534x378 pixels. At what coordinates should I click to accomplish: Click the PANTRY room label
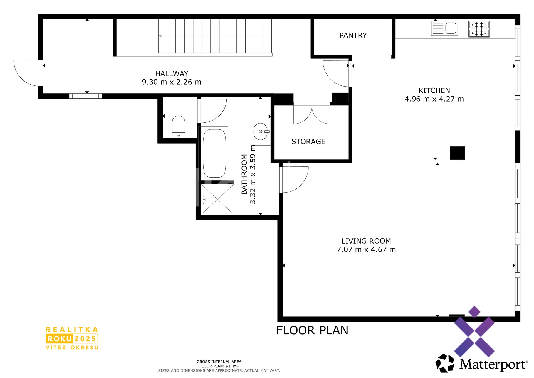353,35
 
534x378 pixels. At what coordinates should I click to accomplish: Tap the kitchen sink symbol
444,28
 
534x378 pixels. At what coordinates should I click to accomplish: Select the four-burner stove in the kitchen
479,29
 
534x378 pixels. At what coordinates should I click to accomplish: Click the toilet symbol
178,127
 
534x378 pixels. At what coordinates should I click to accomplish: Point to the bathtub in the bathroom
214,153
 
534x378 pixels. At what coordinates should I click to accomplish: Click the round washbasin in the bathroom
261,131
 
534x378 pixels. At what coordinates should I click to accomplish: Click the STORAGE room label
308,141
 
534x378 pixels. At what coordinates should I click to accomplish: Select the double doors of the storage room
312,114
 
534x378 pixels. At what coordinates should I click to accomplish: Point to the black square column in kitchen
457,153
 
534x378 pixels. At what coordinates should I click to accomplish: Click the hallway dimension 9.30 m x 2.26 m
172,82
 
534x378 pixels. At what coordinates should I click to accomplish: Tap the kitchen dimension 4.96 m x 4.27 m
434,99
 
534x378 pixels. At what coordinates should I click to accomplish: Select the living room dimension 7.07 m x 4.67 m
366,249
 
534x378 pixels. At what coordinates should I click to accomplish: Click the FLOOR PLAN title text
312,330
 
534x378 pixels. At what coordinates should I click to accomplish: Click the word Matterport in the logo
493,364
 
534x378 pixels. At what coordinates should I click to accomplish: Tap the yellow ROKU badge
59,339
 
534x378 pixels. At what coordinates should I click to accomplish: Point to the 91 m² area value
232,366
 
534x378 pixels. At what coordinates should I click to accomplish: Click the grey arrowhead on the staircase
160,36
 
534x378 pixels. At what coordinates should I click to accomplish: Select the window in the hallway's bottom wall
85,96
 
